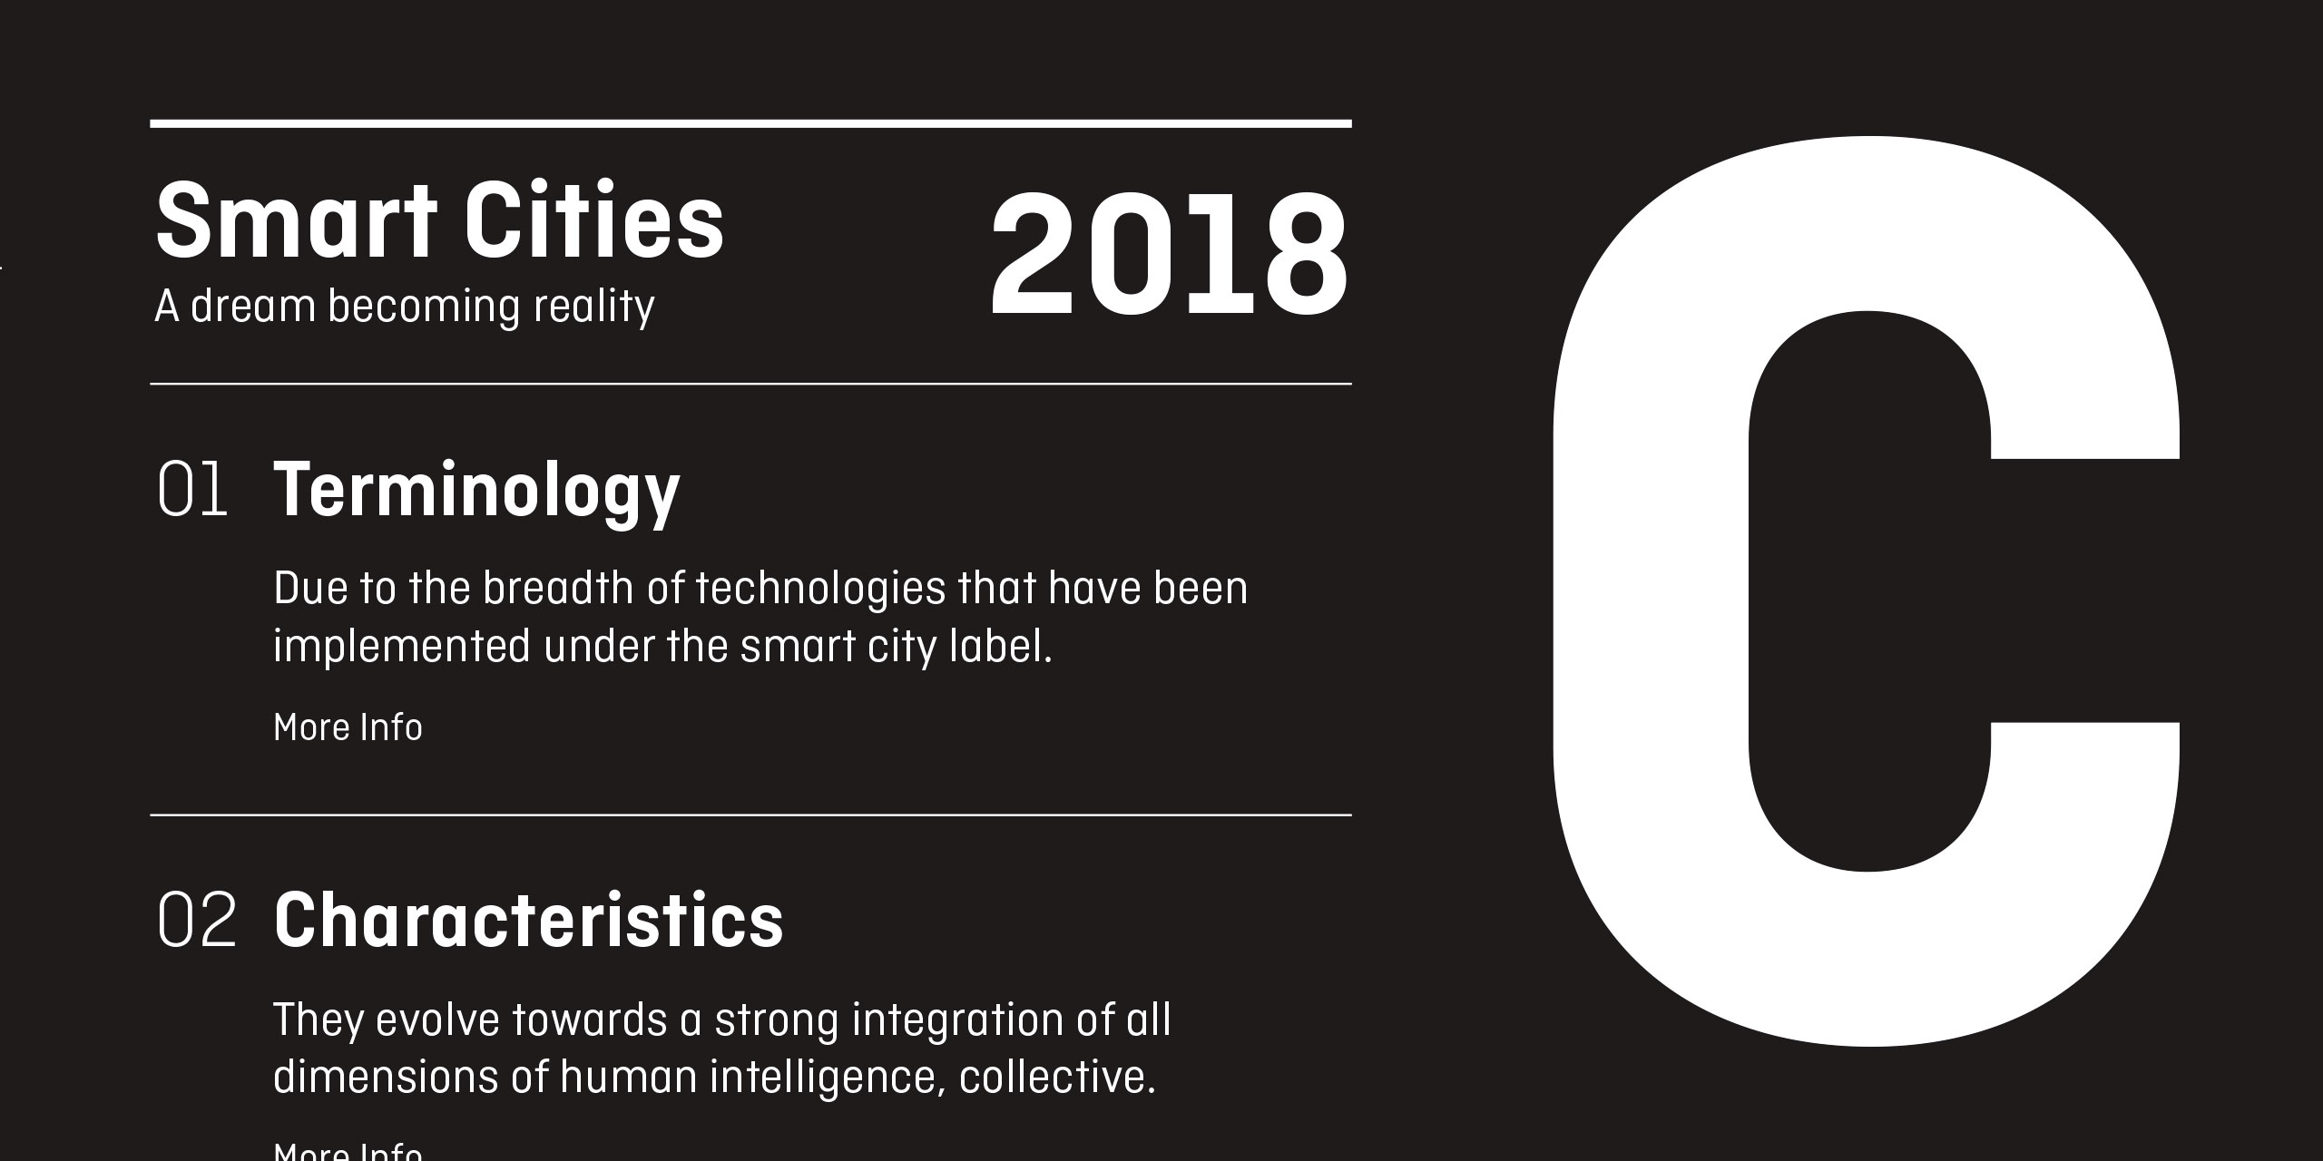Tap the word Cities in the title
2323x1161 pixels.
[595, 221]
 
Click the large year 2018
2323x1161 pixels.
[1170, 255]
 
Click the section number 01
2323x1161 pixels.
[192, 489]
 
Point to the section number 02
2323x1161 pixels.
[197, 920]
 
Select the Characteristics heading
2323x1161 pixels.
[528, 921]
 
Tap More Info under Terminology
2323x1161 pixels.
[348, 727]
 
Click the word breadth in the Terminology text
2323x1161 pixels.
[557, 588]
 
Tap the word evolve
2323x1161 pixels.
[437, 1020]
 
